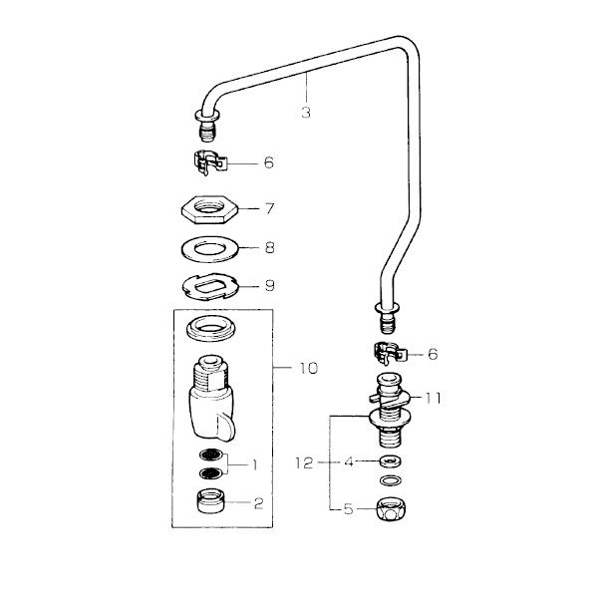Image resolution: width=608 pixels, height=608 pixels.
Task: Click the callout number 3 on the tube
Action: [305, 113]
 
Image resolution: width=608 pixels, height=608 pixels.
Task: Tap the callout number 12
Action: [304, 462]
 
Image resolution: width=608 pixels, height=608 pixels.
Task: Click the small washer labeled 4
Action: [390, 461]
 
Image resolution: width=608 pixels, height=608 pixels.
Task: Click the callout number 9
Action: [268, 286]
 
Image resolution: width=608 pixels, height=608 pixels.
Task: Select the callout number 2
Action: [257, 503]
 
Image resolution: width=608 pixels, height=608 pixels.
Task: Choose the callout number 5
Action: [348, 509]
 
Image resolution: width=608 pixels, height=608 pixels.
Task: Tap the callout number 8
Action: [268, 247]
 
